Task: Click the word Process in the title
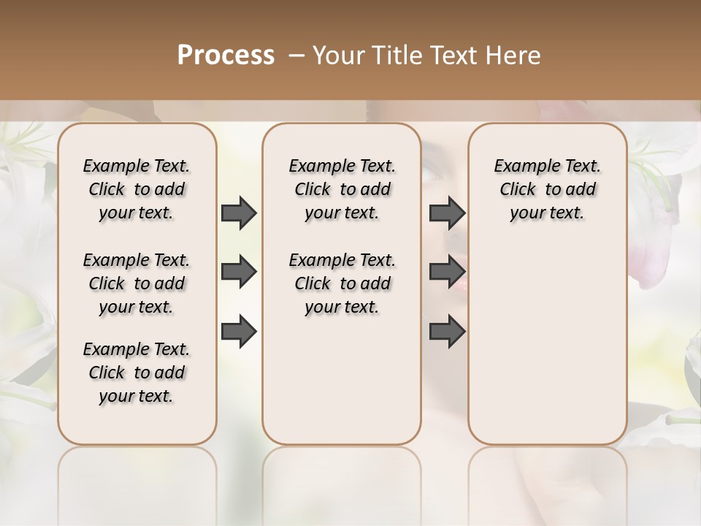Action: [x=226, y=56]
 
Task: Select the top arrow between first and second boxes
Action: [x=239, y=213]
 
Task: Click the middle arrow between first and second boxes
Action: [x=239, y=272]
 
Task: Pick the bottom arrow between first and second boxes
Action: [x=239, y=332]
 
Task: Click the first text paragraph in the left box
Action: [x=137, y=189]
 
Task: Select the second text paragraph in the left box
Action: [x=137, y=283]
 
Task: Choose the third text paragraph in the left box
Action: [x=137, y=373]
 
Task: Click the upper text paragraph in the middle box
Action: [x=342, y=189]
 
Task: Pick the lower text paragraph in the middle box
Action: [x=342, y=283]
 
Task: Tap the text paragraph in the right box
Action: [x=547, y=189]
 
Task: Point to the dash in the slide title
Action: [x=296, y=56]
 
